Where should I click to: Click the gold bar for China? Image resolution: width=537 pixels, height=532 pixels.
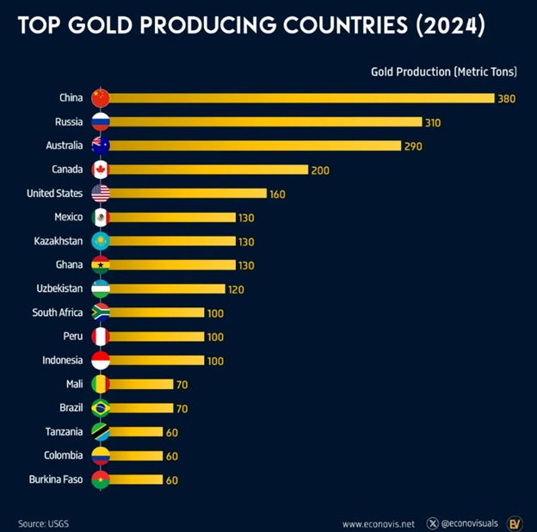pos(301,98)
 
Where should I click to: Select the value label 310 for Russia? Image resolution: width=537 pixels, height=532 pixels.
pos(433,122)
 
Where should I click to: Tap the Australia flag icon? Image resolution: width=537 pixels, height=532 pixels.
pos(101,145)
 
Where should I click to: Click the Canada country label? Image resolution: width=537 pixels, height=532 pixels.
pos(67,170)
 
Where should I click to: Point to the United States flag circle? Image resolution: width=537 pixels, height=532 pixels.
pos(101,193)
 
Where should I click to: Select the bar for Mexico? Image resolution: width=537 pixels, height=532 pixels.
pos(172,217)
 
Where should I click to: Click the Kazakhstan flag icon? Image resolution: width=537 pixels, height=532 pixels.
pos(101,241)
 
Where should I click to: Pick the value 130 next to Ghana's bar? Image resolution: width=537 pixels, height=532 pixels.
pos(247,265)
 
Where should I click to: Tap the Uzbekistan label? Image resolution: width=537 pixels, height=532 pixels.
pos(59,288)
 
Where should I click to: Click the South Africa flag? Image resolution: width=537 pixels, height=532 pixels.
pos(101,312)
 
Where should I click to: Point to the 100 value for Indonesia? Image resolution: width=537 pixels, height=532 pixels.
pos(216,360)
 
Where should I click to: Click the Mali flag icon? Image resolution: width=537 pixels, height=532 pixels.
pos(101,384)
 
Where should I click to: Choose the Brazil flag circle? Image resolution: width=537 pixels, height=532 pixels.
pos(101,407)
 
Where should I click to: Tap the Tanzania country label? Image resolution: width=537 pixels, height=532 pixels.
pos(64,431)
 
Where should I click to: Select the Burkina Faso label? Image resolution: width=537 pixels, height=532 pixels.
pos(57,479)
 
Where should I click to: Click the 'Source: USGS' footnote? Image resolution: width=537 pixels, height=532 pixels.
pos(44,523)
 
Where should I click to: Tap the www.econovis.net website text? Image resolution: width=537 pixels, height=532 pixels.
pos(378,523)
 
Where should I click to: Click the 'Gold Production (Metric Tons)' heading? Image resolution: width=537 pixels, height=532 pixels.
pos(442,71)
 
